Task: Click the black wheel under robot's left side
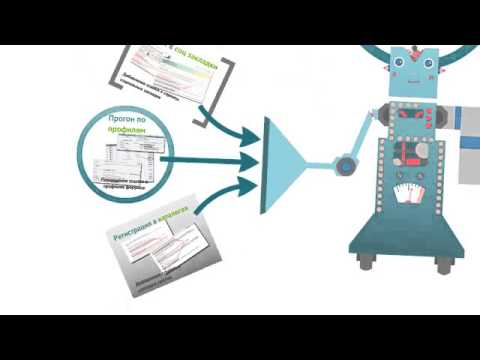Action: [x=366, y=262]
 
